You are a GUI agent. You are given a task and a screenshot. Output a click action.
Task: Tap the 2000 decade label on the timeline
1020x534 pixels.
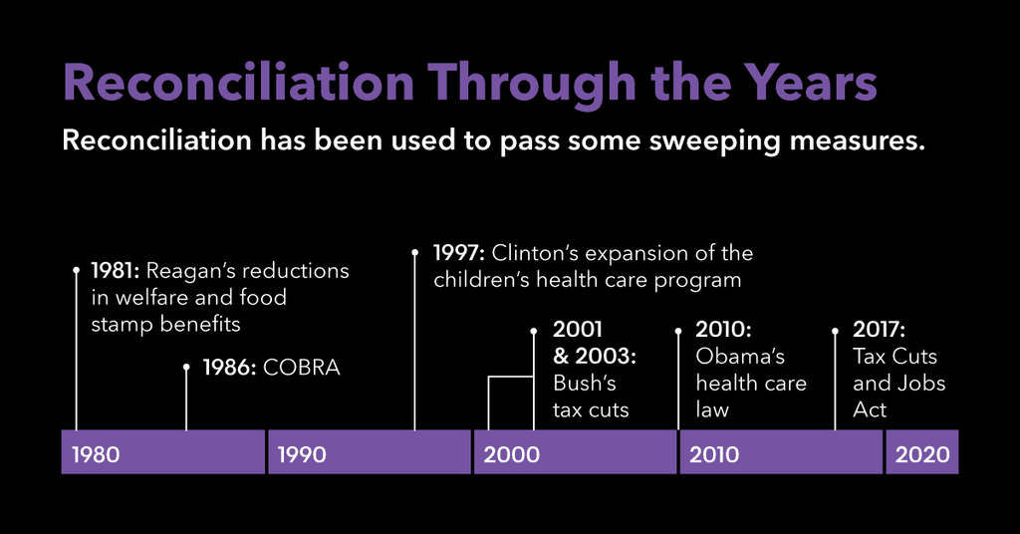tap(511, 455)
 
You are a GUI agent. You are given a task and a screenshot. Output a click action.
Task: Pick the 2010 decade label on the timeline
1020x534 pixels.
tap(714, 455)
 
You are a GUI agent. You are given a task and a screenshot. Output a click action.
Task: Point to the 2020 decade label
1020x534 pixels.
tap(922, 455)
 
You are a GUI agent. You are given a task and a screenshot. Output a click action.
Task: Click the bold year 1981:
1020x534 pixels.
tap(118, 271)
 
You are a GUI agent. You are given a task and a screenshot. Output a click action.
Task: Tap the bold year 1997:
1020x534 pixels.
tap(459, 253)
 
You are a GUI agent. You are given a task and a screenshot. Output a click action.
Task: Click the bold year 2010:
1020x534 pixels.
tap(723, 330)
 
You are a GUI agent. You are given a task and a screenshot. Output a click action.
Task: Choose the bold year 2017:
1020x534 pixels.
tap(880, 330)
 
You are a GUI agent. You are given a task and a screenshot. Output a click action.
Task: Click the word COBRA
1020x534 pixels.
tap(302, 368)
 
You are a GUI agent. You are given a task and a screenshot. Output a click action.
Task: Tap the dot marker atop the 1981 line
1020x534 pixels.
tap(77, 269)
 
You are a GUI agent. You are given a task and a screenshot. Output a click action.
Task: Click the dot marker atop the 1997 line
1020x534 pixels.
tap(415, 252)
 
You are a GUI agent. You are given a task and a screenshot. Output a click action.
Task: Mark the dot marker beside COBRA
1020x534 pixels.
tap(186, 368)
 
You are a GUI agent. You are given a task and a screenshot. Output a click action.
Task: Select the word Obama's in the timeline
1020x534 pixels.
tap(740, 357)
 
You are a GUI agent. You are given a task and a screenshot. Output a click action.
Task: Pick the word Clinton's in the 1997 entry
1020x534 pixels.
tap(539, 253)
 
